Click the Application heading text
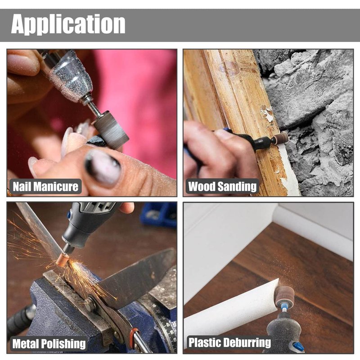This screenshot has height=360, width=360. (x=68, y=24)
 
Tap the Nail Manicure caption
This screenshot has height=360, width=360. (x=45, y=186)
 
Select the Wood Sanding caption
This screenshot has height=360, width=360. (x=222, y=186)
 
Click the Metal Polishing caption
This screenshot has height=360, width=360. (x=49, y=344)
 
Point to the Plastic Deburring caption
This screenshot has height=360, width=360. (x=229, y=342)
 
